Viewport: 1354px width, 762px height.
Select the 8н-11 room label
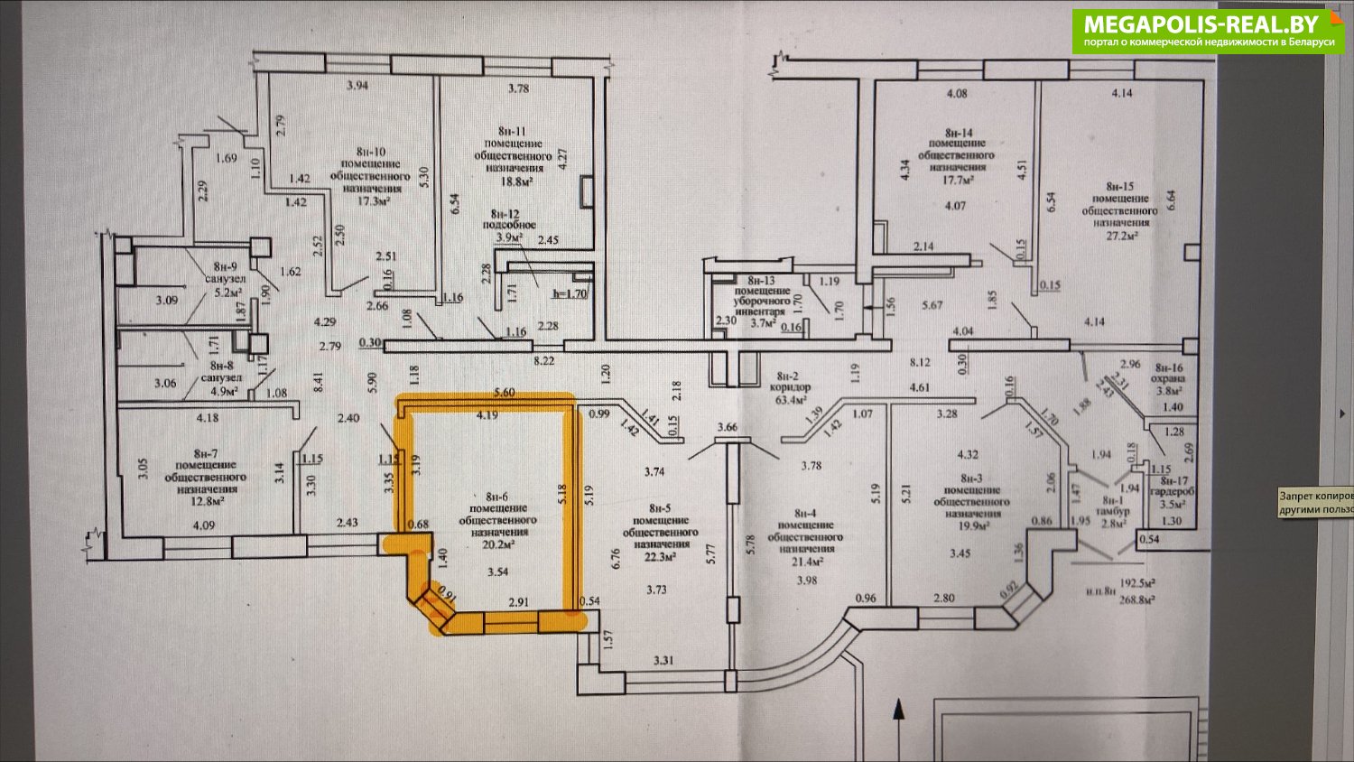click(x=512, y=131)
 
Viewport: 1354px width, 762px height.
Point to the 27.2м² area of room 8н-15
click(x=1121, y=235)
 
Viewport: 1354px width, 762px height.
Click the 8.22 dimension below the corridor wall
click(x=544, y=359)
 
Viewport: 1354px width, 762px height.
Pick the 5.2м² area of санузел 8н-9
click(x=222, y=292)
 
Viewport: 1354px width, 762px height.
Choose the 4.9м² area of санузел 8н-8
click(x=222, y=392)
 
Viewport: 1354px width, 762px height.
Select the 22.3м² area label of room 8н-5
click(x=661, y=557)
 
